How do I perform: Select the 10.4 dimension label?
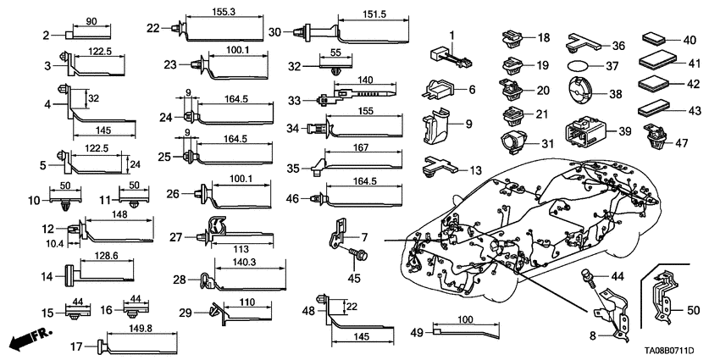click(x=55, y=243)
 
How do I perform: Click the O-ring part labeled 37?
click(x=575, y=65)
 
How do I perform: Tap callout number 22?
click(x=152, y=28)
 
